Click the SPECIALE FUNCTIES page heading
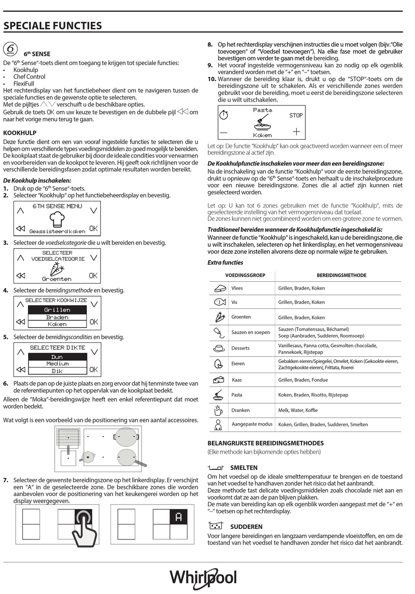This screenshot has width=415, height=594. click(52, 26)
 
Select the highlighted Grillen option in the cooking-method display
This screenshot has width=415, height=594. click(57, 310)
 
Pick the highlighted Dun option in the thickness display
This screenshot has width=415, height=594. click(57, 357)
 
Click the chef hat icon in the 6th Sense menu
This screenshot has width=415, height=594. click(57, 219)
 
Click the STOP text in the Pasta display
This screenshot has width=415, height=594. click(296, 115)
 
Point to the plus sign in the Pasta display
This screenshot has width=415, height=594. click(297, 131)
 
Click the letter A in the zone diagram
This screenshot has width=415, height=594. click(178, 517)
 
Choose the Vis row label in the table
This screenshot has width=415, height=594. click(234, 302)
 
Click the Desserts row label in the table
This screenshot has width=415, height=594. click(240, 348)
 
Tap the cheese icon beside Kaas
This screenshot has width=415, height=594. click(218, 380)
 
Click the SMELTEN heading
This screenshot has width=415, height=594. click(244, 467)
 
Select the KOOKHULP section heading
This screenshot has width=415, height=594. click(20, 133)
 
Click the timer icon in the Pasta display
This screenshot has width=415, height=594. click(224, 115)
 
